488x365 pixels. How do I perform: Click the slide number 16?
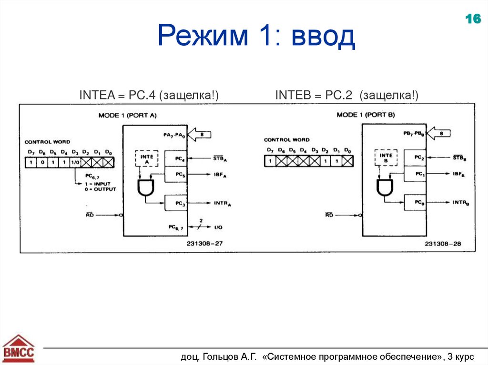472,20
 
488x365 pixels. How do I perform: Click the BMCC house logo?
19,348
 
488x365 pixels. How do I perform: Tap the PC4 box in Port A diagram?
179,158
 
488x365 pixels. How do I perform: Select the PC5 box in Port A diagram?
179,174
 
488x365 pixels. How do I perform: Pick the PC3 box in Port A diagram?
179,203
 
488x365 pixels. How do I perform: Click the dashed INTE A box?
147,158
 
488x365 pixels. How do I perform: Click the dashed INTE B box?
386,158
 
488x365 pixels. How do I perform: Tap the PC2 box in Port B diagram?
418,158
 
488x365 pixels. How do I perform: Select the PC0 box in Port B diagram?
418,202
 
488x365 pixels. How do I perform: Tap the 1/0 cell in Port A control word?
75,163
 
